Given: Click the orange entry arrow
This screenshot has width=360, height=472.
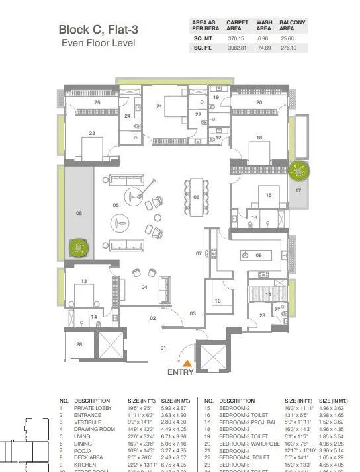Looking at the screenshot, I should (188, 362).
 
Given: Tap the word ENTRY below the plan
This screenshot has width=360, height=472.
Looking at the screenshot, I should (180, 372).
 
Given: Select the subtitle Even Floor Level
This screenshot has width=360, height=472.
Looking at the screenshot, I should (98, 43).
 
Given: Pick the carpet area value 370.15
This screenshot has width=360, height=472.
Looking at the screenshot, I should (237, 39).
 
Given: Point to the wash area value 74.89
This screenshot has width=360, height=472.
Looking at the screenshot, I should (264, 48).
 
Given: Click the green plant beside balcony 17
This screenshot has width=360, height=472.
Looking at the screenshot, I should (300, 171).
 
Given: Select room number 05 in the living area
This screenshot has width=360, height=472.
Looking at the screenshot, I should (116, 206).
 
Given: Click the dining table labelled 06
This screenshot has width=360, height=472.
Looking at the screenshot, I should (196, 197).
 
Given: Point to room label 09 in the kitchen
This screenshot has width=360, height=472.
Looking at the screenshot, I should (259, 255).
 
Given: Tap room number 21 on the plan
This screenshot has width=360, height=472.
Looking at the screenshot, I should (159, 106).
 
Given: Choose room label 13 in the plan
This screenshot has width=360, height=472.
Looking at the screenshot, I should (84, 282).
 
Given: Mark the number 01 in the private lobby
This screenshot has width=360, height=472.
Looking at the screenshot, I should (163, 348).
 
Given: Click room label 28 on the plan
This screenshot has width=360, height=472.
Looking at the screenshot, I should (79, 344).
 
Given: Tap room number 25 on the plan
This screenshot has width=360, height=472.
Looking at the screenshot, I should (97, 102).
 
